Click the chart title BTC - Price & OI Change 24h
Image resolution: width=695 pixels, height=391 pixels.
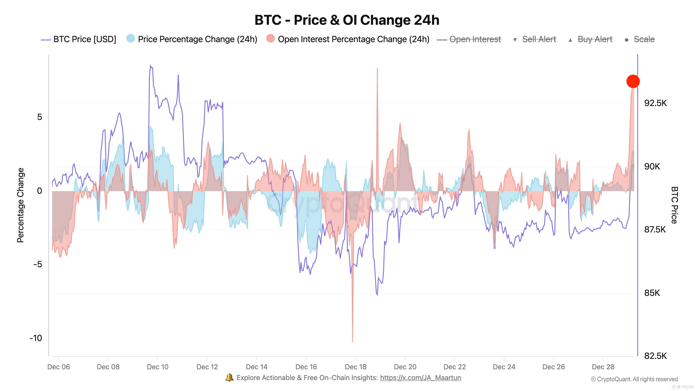[347, 20]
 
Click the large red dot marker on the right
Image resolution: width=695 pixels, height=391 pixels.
[633, 81]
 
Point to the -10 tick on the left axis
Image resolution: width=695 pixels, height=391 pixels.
[36, 338]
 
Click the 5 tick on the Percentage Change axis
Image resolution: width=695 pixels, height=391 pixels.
[40, 117]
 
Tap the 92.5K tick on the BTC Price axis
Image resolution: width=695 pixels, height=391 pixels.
[655, 103]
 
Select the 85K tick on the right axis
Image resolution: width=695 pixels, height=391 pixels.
[652, 293]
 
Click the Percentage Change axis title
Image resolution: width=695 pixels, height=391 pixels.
[21, 205]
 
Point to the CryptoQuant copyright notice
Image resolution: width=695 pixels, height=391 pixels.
[634, 379]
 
